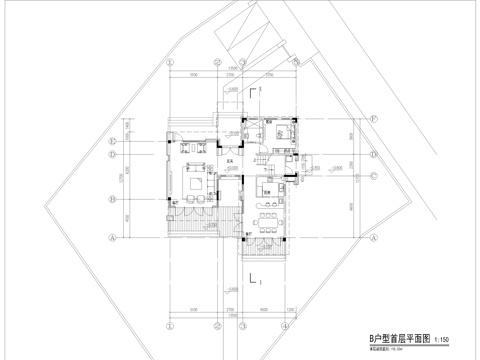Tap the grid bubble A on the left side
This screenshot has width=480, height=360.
click(115, 238)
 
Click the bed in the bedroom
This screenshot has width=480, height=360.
click(279, 133)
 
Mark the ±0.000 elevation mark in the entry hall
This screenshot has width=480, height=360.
click(233, 170)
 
